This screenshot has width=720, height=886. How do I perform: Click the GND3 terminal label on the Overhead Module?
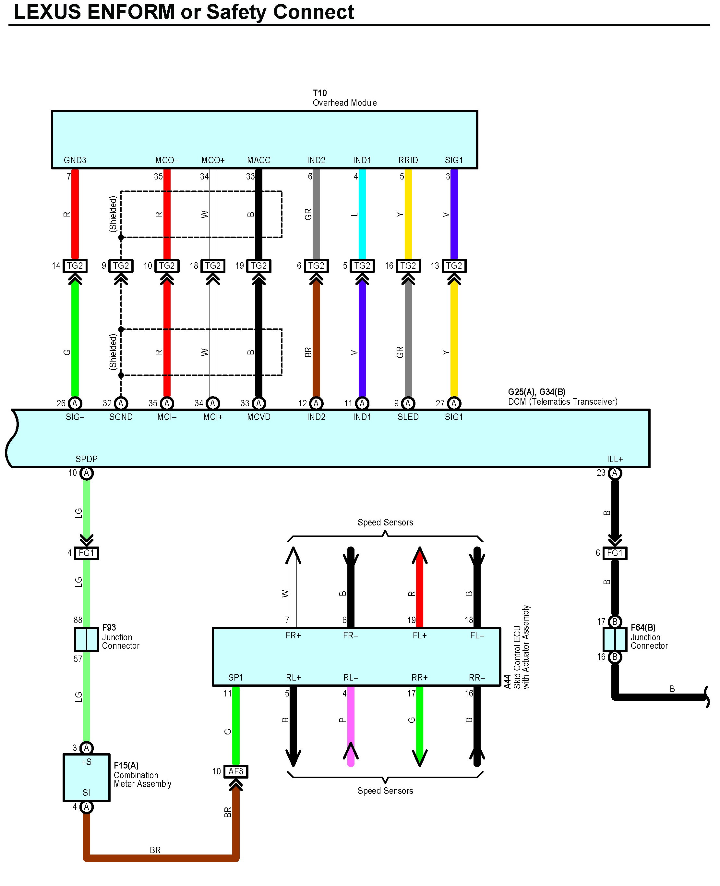click(75, 160)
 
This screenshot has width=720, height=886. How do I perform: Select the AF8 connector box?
click(235, 771)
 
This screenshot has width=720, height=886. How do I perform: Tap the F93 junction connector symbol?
click(86, 639)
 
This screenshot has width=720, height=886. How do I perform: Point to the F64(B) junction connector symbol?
click(615, 639)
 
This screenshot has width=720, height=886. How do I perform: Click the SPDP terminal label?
click(86, 459)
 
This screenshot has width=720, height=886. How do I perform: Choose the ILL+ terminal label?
click(615, 459)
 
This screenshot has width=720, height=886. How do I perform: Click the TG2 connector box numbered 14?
click(75, 265)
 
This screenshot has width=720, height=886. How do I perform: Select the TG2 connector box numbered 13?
click(454, 265)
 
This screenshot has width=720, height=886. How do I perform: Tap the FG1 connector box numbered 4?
click(86, 553)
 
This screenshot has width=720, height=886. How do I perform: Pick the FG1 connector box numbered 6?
click(615, 553)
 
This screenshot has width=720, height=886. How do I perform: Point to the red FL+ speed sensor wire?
click(420, 589)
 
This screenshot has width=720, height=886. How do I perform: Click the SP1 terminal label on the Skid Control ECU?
click(235, 677)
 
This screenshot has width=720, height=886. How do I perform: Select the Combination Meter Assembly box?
click(86, 777)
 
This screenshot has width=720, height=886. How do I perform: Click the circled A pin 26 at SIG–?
click(75, 403)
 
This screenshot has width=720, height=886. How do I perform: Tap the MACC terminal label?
click(259, 160)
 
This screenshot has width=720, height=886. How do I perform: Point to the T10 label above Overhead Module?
click(320, 93)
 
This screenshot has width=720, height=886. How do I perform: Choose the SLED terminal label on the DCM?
click(408, 417)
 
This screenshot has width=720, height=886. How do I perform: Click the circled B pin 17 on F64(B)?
click(615, 621)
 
